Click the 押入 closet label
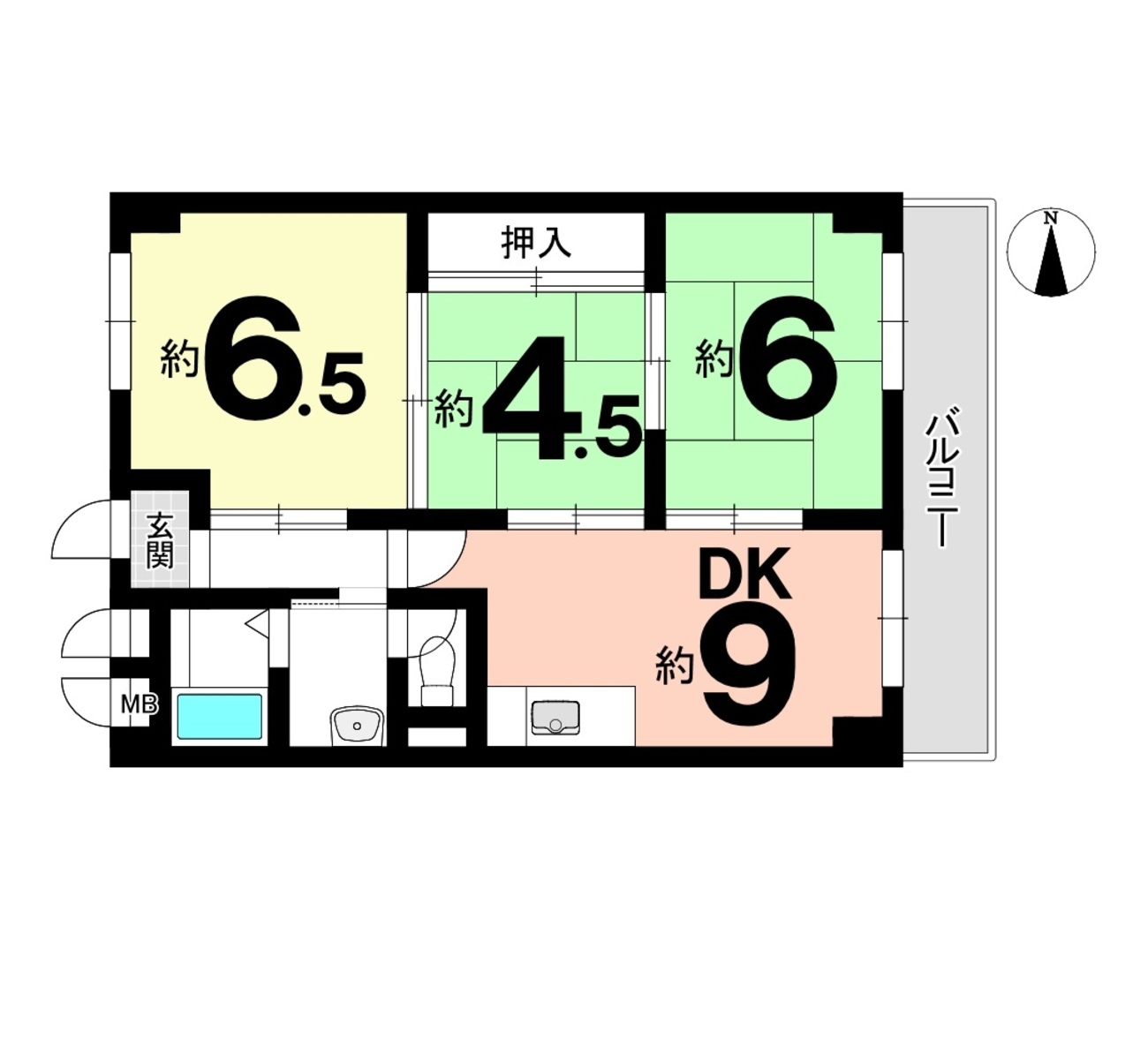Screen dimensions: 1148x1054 click(536, 243)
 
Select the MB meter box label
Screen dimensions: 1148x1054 click(139, 704)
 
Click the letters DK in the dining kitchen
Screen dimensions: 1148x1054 click(744, 574)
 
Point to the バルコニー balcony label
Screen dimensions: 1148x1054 click(942, 478)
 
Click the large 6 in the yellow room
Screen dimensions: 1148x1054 click(252, 358)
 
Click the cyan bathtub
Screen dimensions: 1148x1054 click(219, 717)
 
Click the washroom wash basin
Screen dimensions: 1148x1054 click(357, 725)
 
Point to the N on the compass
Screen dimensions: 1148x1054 click(1050, 218)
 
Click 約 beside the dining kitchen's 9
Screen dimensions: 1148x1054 click(676, 665)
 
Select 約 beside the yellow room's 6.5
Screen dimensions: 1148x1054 click(179, 358)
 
